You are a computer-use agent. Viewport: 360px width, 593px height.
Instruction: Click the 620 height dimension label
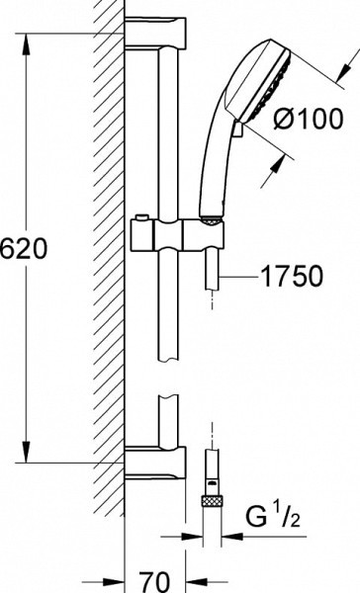click(24, 249)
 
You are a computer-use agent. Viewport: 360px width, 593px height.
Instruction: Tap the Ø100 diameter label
click(309, 119)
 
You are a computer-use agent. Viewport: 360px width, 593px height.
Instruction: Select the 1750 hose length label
click(292, 276)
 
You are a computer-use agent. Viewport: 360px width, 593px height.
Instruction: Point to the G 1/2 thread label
click(273, 517)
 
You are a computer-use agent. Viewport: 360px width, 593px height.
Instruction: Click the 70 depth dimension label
click(154, 582)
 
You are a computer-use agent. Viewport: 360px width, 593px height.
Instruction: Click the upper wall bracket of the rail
click(155, 34)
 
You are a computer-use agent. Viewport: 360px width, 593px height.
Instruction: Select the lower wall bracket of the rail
click(155, 463)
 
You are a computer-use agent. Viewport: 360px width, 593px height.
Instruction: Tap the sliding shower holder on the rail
click(178, 235)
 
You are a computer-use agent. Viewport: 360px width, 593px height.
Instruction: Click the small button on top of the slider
click(142, 217)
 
